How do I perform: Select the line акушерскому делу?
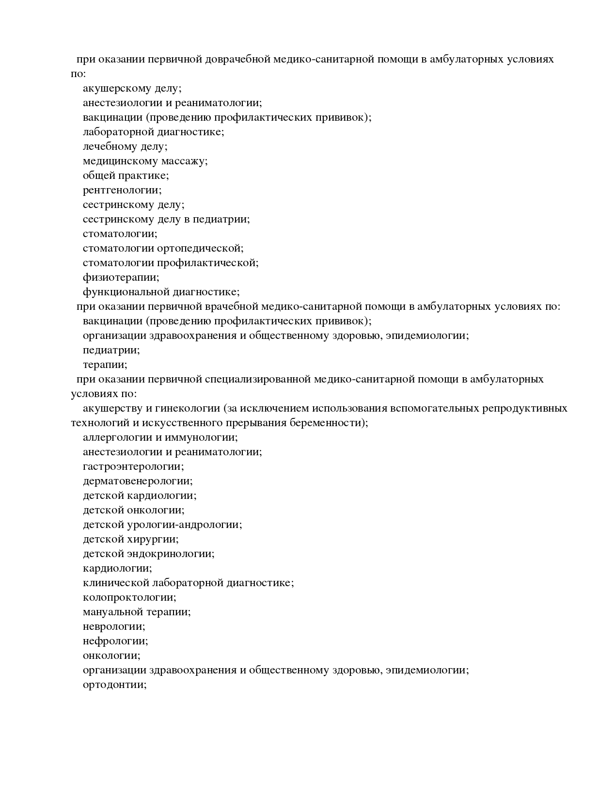pyautogui.click(x=132, y=89)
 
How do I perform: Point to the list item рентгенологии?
pyautogui.click(x=122, y=191)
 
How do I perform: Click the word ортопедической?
pyautogui.click(x=200, y=249)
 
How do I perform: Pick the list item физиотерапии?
pyautogui.click(x=121, y=278)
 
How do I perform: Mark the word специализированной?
pyautogui.click(x=257, y=379)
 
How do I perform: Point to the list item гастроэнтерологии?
pyautogui.click(x=133, y=467)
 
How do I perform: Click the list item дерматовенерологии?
pyautogui.click(x=138, y=481)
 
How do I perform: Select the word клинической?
pyautogui.click(x=114, y=583)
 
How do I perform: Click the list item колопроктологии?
pyautogui.click(x=129, y=598)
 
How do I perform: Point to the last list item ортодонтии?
pyautogui.click(x=114, y=685)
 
